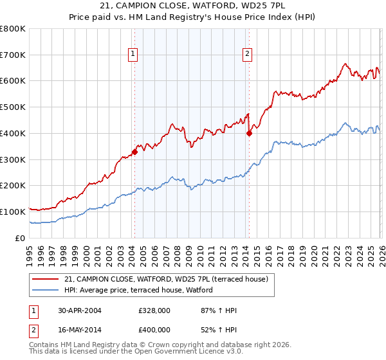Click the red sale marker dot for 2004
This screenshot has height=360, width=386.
[x=134, y=152]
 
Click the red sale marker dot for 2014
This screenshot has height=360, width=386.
[x=249, y=134]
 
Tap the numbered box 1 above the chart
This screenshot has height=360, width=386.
[x=133, y=55]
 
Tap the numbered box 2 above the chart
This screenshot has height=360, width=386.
[x=247, y=55]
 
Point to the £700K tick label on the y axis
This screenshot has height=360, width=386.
[x=13, y=55]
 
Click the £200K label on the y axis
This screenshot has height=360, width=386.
[x=13, y=186]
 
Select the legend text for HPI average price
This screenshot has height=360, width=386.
[x=138, y=291]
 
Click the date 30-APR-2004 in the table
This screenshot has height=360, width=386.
[x=79, y=310]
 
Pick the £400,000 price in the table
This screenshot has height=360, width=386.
[x=154, y=330]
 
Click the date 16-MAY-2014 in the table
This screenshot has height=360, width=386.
[x=79, y=330]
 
